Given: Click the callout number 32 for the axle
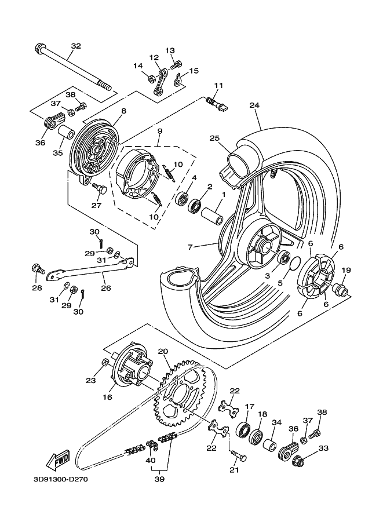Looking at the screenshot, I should (x=76, y=46).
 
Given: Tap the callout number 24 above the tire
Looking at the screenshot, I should (x=254, y=105).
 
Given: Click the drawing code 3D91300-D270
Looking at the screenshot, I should (x=60, y=479).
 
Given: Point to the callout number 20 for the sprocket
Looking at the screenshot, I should (x=163, y=351).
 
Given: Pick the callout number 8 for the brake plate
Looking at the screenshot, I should (x=123, y=111).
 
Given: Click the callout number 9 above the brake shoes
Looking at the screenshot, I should (x=159, y=132).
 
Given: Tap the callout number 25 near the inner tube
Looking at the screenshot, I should (x=215, y=138).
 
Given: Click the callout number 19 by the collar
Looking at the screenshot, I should (x=346, y=270).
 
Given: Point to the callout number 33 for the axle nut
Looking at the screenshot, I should (x=323, y=448).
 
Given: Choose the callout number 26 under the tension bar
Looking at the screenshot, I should (x=105, y=287).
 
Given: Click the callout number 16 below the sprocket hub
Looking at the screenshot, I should (x=107, y=397).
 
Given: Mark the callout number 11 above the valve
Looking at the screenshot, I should (x=218, y=86).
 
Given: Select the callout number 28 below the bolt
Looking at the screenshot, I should (x=37, y=288).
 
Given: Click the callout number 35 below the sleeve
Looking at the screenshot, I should (x=57, y=153).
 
